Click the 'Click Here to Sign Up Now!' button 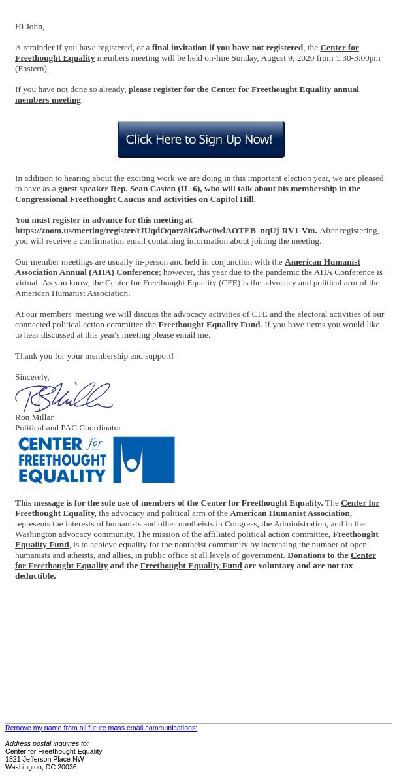click(200, 139)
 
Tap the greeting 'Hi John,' click(29, 27)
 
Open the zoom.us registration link click(165, 231)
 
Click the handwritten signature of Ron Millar click(63, 397)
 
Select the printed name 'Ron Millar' click(34, 417)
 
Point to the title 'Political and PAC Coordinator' click(68, 428)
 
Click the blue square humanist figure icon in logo click(144, 460)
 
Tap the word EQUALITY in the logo click(62, 475)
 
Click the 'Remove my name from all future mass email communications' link click(101, 728)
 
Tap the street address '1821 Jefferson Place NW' click(44, 759)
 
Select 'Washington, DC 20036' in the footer click(40, 767)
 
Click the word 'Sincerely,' click(32, 377)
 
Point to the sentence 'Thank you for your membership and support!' click(94, 356)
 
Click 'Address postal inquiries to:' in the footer click(47, 743)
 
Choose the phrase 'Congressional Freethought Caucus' click(80, 199)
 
